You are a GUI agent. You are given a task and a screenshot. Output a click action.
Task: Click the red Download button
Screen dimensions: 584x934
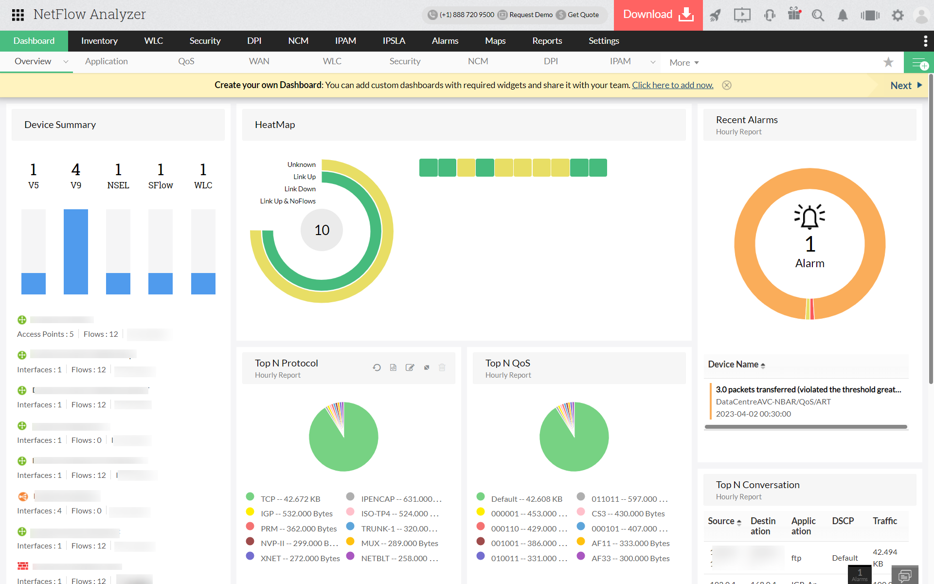(x=658, y=15)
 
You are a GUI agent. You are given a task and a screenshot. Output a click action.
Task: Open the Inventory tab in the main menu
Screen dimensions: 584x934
(x=99, y=41)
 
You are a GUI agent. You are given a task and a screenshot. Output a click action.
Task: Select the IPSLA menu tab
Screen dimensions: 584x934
(x=394, y=41)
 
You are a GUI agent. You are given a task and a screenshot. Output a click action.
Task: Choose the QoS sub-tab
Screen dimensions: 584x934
(x=186, y=61)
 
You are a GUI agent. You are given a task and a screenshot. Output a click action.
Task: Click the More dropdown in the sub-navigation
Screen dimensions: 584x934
(x=683, y=63)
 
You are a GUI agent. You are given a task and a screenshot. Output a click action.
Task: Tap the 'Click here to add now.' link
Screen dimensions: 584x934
(x=672, y=85)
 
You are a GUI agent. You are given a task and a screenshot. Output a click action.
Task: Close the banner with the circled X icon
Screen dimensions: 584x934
(x=727, y=85)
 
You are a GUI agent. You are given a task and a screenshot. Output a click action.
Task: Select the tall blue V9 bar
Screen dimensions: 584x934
(x=76, y=252)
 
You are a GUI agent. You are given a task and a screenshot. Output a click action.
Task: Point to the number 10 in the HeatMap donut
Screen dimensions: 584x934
(x=322, y=230)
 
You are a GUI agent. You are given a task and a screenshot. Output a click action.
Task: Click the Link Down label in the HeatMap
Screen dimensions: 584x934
(x=300, y=189)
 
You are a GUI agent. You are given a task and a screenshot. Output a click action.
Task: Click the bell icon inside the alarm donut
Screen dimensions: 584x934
(x=809, y=217)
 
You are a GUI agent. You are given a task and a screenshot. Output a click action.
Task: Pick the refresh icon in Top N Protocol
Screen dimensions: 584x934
(x=377, y=367)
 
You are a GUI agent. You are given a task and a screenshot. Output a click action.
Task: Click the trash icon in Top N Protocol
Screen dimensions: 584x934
(x=442, y=367)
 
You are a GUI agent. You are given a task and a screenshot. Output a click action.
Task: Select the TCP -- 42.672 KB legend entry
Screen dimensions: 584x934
(x=290, y=499)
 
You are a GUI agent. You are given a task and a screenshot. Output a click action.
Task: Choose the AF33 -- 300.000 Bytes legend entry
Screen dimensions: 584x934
(x=630, y=558)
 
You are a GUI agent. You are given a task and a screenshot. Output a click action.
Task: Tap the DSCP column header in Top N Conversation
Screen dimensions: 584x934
(x=843, y=521)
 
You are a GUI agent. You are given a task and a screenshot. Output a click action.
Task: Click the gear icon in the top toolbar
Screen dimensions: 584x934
(x=898, y=15)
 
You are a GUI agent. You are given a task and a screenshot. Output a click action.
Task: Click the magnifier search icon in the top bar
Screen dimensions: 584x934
(x=818, y=15)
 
